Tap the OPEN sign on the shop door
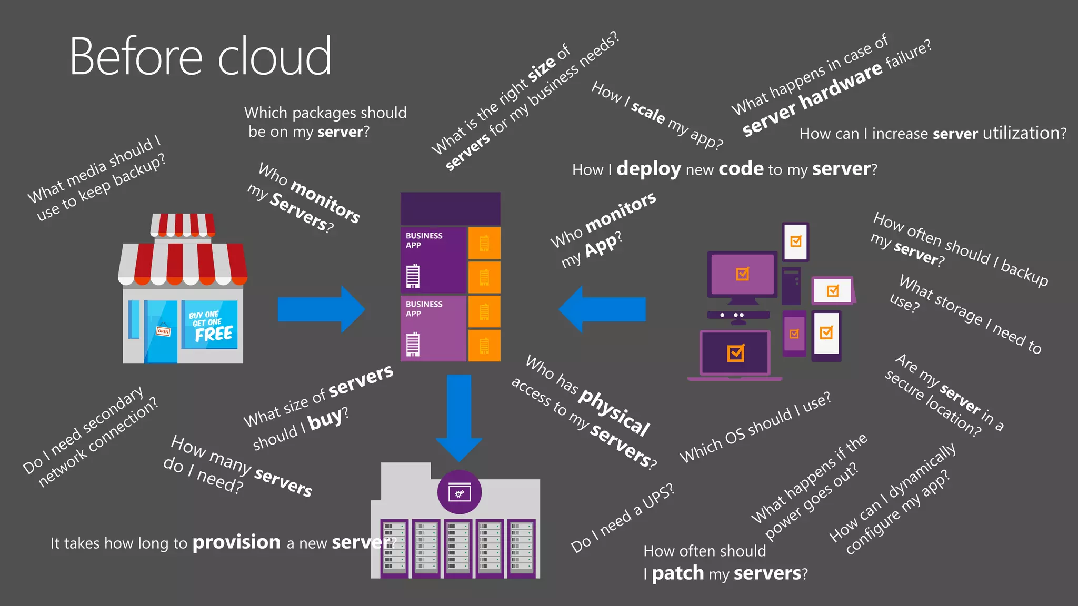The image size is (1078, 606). tap(163, 331)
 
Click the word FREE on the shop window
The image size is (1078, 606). tap(214, 334)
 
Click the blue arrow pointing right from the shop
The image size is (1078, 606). tap(321, 309)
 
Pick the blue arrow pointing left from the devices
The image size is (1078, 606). tap(602, 309)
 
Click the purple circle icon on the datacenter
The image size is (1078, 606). tap(459, 492)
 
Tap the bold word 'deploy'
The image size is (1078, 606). tap(648, 169)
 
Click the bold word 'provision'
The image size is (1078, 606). tap(236, 542)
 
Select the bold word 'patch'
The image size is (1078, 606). tap(677, 573)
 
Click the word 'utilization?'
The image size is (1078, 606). tap(1024, 133)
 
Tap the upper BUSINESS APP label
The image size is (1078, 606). tap(424, 240)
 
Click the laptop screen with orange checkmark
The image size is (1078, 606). tap(735, 353)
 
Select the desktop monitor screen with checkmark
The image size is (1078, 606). tap(742, 274)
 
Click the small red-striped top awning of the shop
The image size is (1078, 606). tap(183, 225)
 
